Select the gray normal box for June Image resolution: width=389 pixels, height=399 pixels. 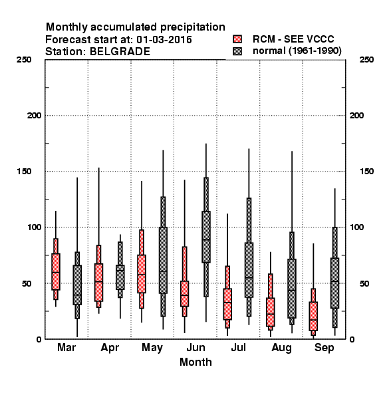[x=206, y=237]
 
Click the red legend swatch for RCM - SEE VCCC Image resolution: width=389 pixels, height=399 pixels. [x=237, y=39]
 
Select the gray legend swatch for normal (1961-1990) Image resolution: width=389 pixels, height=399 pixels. [x=237, y=51]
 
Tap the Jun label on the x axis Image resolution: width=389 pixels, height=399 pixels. [x=195, y=348]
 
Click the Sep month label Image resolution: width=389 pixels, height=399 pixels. [x=324, y=348]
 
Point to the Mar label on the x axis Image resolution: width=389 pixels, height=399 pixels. [x=66, y=348]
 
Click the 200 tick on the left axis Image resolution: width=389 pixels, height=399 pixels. [x=35, y=116]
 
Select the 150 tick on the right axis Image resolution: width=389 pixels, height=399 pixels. [x=366, y=172]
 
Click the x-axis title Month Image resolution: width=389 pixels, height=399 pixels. [x=195, y=362]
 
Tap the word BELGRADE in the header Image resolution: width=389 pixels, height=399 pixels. [x=120, y=52]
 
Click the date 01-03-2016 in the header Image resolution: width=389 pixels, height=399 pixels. [x=164, y=40]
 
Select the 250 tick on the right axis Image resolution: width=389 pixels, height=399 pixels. [x=366, y=60]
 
